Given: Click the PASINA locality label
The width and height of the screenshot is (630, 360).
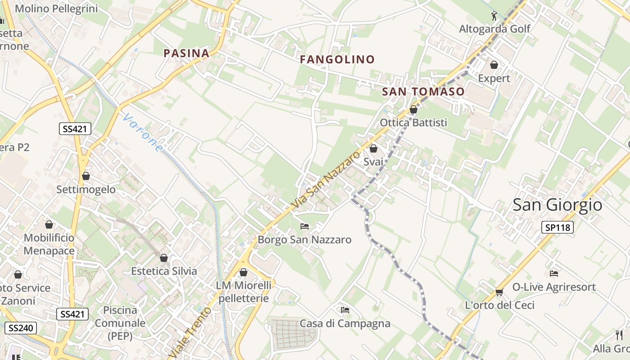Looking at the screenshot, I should pyautogui.click(x=186, y=54).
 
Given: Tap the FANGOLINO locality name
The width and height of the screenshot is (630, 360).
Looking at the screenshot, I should pyautogui.click(x=337, y=59).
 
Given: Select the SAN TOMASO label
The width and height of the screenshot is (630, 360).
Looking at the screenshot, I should pyautogui.click(x=423, y=92).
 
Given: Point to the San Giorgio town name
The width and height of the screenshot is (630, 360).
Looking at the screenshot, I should pyautogui.click(x=557, y=205).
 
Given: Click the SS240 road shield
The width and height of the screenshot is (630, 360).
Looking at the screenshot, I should pyautogui.click(x=21, y=328).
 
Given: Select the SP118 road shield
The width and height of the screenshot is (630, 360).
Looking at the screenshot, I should pyautogui.click(x=558, y=227).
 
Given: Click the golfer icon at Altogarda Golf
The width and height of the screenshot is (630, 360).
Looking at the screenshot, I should pyautogui.click(x=494, y=16).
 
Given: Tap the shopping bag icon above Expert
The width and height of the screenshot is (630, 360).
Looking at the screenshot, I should pyautogui.click(x=494, y=65).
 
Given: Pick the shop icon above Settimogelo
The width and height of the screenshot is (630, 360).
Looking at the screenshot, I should pyautogui.click(x=86, y=176).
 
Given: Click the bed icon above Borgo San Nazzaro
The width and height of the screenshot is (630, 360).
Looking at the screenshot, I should pyautogui.click(x=305, y=226).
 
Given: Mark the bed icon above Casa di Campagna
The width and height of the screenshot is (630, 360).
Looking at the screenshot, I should pyautogui.click(x=345, y=310).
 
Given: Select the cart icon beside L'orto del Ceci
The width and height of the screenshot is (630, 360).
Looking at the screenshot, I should pyautogui.click(x=499, y=292).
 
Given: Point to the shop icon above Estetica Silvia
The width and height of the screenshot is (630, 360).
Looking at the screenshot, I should pyautogui.click(x=164, y=258).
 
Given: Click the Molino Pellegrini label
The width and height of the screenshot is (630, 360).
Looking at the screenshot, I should pyautogui.click(x=56, y=9).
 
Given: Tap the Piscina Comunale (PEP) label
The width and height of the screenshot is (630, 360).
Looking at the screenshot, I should pyautogui.click(x=120, y=323).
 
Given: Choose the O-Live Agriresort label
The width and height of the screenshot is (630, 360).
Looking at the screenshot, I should pyautogui.click(x=554, y=287).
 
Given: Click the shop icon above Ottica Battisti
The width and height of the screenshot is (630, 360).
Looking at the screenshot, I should pyautogui.click(x=414, y=109).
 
